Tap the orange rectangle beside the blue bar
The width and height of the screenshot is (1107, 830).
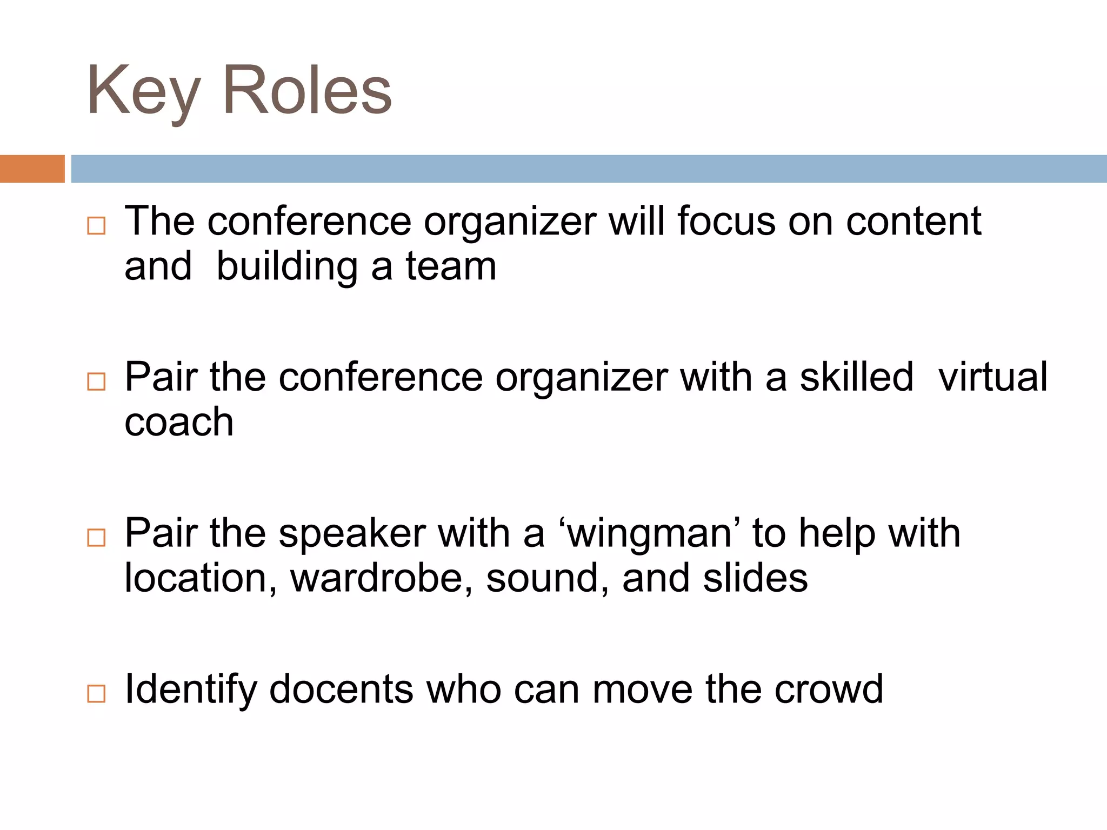pyautogui.click(x=32, y=169)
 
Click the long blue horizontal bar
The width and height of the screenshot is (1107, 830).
pyautogui.click(x=588, y=169)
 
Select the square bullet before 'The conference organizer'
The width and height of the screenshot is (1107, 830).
pyautogui.click(x=96, y=225)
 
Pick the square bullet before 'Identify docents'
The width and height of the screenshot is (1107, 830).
pyautogui.click(x=96, y=693)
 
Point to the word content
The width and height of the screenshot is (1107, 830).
pyautogui.click(x=913, y=222)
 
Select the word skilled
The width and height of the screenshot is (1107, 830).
pyautogui.click(x=857, y=377)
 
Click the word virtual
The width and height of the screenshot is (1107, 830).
pyautogui.click(x=993, y=377)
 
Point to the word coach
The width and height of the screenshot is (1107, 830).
pyautogui.click(x=179, y=423)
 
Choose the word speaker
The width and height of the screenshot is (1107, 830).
pyautogui.click(x=352, y=534)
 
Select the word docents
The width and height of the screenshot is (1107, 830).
pyautogui.click(x=341, y=690)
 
